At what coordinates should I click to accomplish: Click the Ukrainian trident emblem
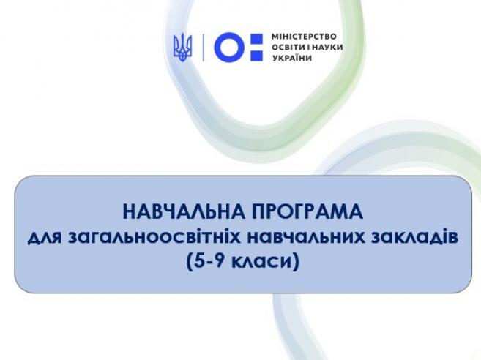[183, 48]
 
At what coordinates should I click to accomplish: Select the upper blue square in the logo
[257, 40]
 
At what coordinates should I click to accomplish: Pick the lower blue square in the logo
[257, 54]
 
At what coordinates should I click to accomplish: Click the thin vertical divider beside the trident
[203, 48]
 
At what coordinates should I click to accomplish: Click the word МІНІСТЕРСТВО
[304, 37]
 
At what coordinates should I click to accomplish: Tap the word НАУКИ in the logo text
[329, 48]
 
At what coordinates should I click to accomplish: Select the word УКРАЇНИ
[291, 58]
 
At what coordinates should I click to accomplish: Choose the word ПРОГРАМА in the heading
[307, 211]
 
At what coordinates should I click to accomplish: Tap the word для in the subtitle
[45, 239]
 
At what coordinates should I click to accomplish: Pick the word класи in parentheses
[259, 263]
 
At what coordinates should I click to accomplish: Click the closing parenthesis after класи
[295, 262]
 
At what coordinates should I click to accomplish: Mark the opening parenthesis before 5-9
[190, 262]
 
